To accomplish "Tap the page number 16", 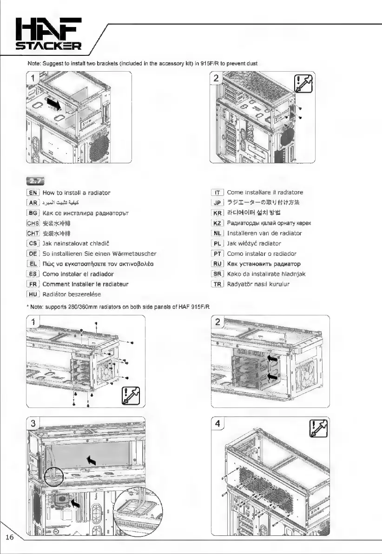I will pyautogui.click(x=10, y=537).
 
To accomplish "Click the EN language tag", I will pyautogui.click(x=33, y=193).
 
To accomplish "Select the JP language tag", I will pyautogui.click(x=217, y=203).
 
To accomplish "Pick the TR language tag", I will pyautogui.click(x=217, y=284).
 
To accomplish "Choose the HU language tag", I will pyautogui.click(x=33, y=294).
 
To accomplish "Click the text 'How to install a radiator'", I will pyautogui.click(x=76, y=193).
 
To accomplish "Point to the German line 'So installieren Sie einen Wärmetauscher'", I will pyautogui.click(x=99, y=254).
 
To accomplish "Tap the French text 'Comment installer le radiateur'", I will pyautogui.click(x=85, y=284).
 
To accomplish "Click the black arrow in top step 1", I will pyautogui.click(x=54, y=103).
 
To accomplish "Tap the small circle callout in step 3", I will pyautogui.click(x=54, y=476).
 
